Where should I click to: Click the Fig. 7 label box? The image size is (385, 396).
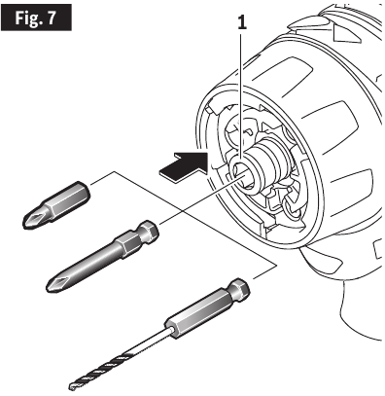(40, 18)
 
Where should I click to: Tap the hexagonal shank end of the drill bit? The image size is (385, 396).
(235, 289)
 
